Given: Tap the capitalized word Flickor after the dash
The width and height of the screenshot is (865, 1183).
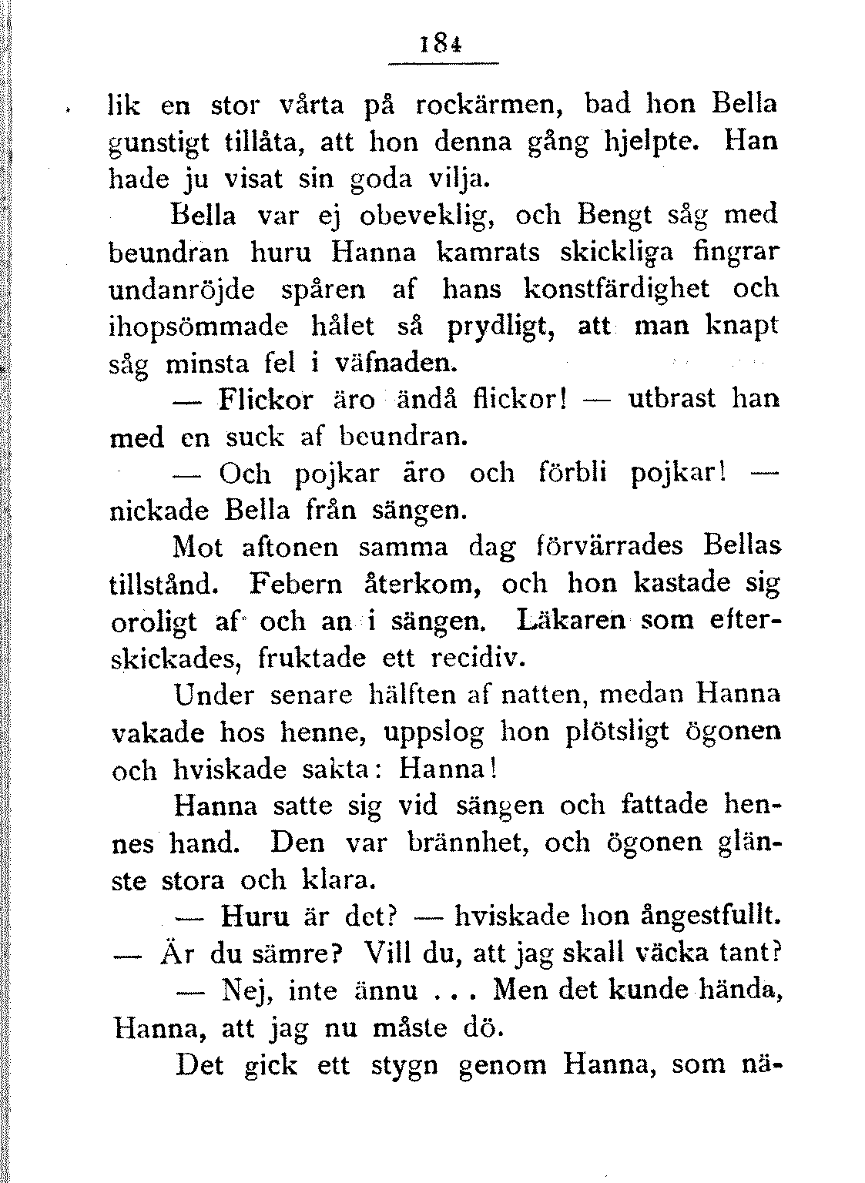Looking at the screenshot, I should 266,400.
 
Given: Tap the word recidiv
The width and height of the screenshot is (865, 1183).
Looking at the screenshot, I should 477,659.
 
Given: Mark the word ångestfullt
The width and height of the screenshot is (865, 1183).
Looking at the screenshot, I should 706,917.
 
